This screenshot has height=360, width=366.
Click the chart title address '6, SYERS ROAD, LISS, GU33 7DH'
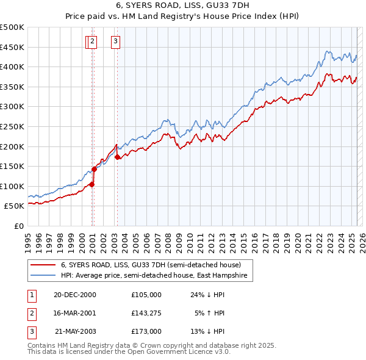coord(183,5)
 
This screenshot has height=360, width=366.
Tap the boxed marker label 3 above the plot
coord(116,41)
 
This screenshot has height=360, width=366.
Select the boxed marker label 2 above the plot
coord(92,41)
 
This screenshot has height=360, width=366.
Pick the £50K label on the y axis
coord(15,206)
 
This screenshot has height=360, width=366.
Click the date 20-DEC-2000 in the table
coord(75,294)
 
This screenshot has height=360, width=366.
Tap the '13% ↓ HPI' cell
coord(207,331)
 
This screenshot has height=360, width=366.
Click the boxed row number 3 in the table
coord(31,331)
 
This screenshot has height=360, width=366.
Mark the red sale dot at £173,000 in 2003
coord(117,157)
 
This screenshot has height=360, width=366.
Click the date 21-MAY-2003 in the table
coord(75,331)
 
